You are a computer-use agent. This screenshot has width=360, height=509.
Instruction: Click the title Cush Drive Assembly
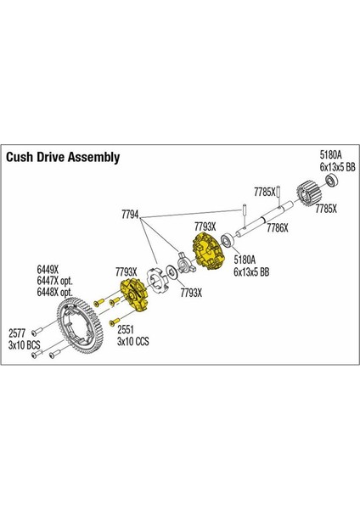(63, 157)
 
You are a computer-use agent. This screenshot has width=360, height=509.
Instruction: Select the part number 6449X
(48, 270)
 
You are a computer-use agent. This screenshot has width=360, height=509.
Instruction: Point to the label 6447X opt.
(54, 281)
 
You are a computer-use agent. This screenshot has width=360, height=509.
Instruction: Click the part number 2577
(17, 333)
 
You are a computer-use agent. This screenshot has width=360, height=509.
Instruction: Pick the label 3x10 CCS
(133, 341)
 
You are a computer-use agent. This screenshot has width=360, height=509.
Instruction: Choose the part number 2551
(126, 330)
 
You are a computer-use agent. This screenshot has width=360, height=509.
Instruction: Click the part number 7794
(130, 215)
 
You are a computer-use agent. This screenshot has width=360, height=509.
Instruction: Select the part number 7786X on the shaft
(278, 228)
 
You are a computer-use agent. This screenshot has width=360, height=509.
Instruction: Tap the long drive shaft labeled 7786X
(264, 217)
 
